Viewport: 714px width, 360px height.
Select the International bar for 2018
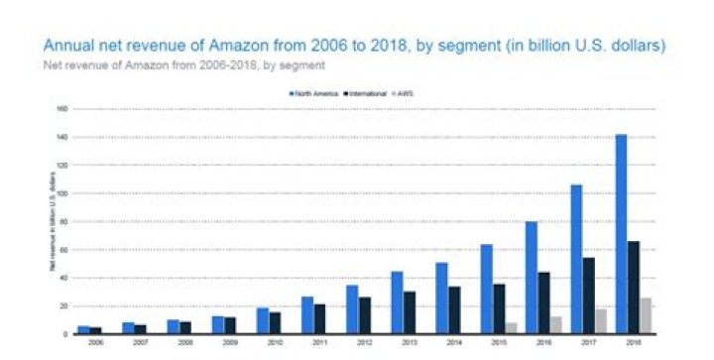pos(632,287)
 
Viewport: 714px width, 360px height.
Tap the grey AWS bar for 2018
pos(645,315)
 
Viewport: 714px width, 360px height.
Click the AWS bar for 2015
pos(511,327)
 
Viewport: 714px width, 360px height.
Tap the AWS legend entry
pos(403,93)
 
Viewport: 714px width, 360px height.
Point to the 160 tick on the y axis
pos(61,109)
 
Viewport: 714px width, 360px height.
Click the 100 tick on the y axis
pos(61,193)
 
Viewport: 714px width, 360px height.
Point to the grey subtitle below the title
pos(183,64)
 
